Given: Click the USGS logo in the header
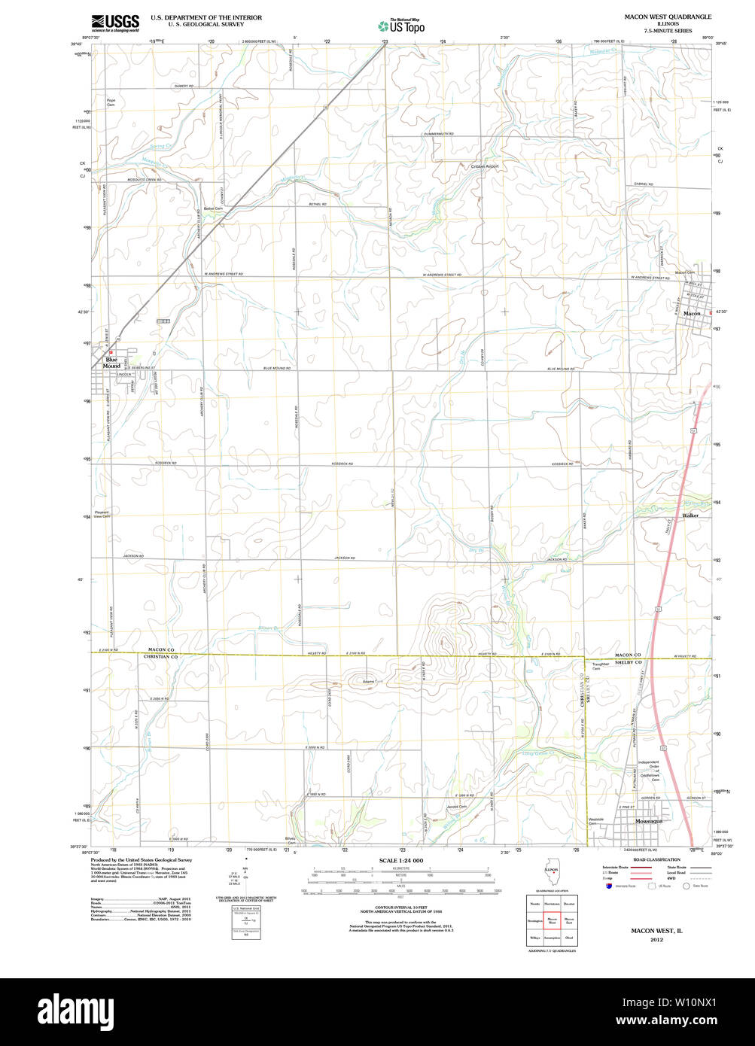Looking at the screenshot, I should [114, 23].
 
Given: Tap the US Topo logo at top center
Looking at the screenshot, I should [401, 25].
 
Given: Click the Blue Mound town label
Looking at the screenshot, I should [112, 363].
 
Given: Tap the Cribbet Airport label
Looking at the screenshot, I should [485, 166].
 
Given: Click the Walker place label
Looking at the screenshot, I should [690, 515].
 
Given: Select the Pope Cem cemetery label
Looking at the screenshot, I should [111, 102].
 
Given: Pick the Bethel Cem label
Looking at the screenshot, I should [213, 208].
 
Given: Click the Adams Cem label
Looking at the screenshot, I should [369, 682].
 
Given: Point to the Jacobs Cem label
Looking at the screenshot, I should [456, 807].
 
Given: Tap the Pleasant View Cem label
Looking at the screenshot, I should [102, 514].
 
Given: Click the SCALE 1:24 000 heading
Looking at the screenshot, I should [401, 860].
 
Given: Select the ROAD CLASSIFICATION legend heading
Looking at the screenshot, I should [657, 859].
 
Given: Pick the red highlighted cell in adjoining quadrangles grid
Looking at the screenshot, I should [552, 920].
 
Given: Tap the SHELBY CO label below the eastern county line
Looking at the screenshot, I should [626, 662].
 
